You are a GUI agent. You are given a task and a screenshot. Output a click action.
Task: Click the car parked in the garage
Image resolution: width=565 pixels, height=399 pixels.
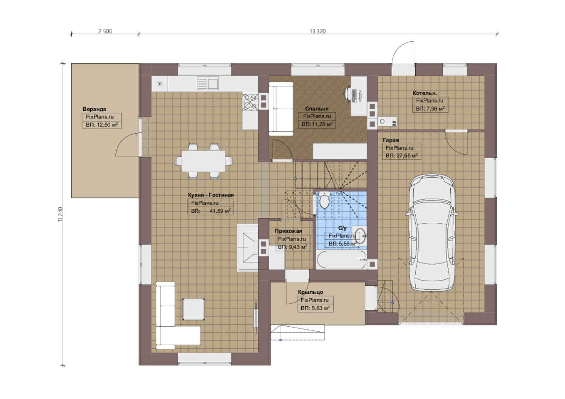(432, 232)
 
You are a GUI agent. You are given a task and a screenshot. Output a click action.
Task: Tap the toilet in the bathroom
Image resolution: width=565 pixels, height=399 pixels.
(324, 199)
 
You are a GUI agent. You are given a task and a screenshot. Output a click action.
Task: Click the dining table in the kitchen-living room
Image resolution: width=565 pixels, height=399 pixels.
(203, 161)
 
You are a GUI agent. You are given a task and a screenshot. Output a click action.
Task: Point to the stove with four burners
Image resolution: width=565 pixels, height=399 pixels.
(250, 102)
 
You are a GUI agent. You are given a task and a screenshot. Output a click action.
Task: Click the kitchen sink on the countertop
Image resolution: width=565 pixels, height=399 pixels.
(208, 83)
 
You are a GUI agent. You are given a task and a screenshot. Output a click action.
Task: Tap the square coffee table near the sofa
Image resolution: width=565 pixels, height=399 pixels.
(193, 309)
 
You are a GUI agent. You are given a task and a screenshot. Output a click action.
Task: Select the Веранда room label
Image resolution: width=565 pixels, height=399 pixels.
(94, 109)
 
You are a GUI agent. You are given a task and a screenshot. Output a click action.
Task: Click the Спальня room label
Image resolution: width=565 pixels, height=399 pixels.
(317, 109)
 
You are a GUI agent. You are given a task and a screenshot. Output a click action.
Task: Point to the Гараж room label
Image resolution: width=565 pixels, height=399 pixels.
(391, 140)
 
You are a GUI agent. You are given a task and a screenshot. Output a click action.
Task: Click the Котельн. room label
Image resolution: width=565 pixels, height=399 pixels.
(425, 93)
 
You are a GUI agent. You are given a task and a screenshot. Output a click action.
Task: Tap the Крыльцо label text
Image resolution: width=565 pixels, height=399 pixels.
(311, 292)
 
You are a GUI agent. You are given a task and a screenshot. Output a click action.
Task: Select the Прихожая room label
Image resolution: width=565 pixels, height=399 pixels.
(288, 231)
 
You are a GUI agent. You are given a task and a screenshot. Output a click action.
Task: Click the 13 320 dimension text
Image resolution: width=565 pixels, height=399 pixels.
(318, 31)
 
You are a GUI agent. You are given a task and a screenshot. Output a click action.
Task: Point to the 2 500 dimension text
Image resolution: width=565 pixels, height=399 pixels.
(105, 31)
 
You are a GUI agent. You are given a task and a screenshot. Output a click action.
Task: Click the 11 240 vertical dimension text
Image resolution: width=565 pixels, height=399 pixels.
(60, 214)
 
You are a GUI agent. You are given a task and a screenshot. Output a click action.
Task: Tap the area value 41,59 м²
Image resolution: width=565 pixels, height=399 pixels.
(220, 211)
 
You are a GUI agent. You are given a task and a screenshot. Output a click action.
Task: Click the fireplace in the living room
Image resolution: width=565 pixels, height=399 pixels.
(248, 248)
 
